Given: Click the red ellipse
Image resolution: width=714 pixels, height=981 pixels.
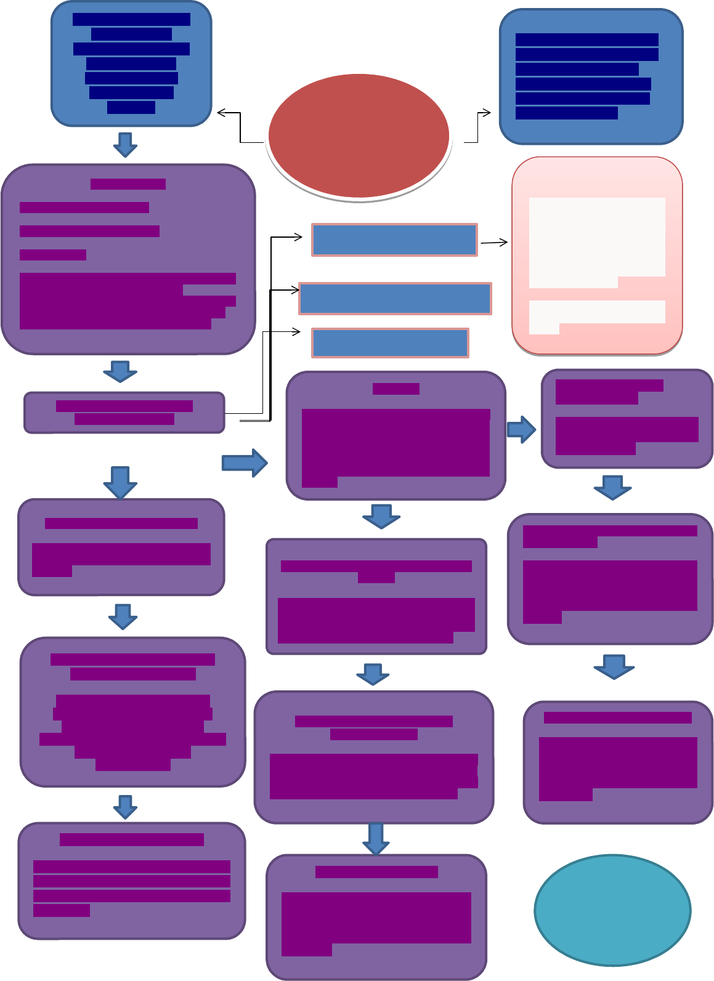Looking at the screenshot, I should click(359, 135).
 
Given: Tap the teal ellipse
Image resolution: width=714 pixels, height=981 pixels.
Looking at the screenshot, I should click(612, 910).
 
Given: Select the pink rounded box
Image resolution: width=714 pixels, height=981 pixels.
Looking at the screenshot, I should click(597, 256).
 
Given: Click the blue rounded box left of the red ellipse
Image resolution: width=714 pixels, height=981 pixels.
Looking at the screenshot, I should click(131, 64).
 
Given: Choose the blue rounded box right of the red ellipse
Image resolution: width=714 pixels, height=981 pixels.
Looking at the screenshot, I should click(591, 77).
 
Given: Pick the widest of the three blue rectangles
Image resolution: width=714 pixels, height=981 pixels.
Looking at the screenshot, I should click(395, 299).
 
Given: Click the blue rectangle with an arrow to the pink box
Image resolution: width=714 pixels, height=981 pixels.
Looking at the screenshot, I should click(394, 240).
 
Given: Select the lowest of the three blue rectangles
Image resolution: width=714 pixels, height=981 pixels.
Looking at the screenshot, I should click(390, 343).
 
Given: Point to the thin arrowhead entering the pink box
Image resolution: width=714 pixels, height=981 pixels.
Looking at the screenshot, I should click(504, 243).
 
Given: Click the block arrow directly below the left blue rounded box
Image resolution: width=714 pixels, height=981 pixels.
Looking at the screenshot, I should click(125, 144).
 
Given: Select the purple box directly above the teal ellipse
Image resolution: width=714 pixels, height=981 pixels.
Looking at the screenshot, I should click(618, 762).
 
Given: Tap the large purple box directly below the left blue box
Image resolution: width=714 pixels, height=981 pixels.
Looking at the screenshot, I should click(128, 259).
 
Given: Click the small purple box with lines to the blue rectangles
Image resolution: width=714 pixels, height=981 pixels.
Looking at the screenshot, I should click(124, 413).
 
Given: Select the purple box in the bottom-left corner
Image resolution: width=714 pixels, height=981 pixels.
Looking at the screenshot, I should click(132, 881).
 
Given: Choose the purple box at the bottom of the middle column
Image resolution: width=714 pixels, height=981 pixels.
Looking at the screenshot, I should click(376, 916).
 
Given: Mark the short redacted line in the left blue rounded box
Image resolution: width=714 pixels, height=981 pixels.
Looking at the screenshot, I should click(131, 108).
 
